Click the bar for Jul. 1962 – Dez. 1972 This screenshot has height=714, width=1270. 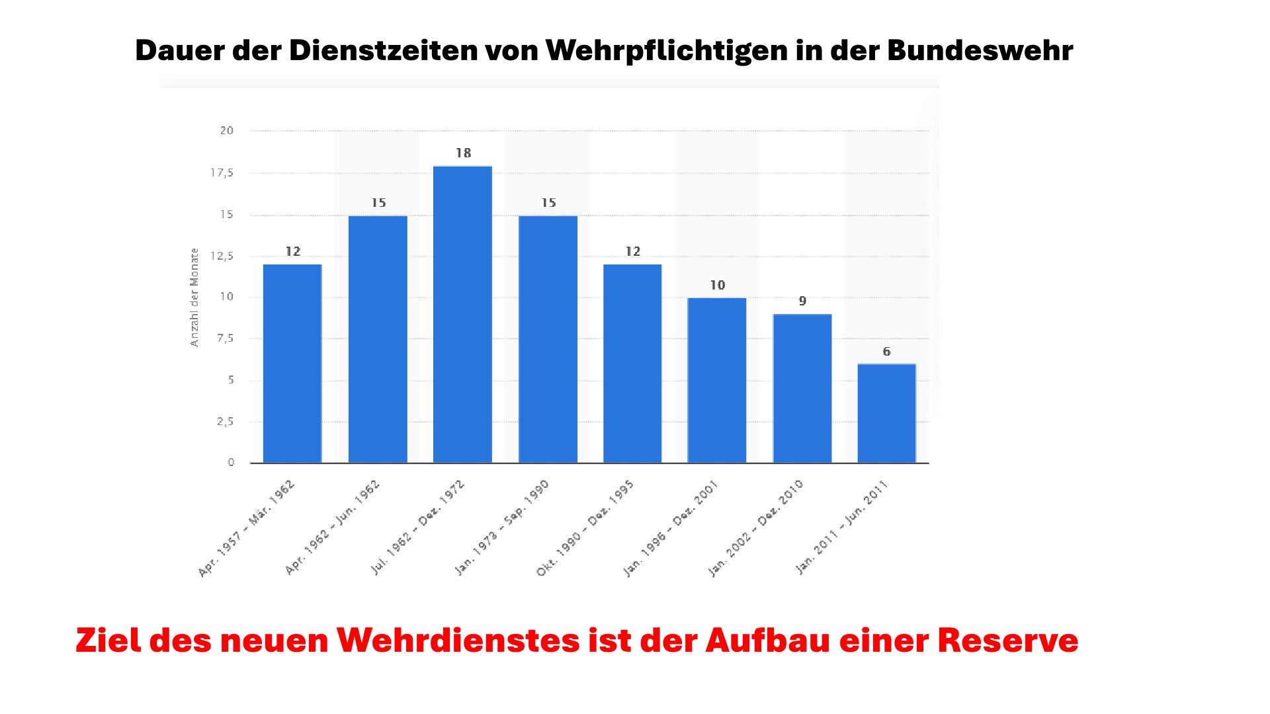tap(462, 314)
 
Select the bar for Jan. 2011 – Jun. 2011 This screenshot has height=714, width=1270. tap(886, 413)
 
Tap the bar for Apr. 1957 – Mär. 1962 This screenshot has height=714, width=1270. tap(292, 364)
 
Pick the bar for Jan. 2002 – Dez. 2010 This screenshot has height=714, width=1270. tap(802, 388)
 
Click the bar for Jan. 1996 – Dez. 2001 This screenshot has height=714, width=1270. tap(717, 380)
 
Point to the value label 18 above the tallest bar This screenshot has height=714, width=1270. tap(463, 153)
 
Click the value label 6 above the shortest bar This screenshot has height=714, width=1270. tap(886, 352)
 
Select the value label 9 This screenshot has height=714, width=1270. tap(802, 301)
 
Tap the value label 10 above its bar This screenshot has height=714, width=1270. tap(718, 286)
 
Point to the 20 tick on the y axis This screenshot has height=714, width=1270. tap(227, 131)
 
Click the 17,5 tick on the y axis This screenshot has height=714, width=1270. tap(222, 173)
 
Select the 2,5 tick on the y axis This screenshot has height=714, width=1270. tap(226, 422)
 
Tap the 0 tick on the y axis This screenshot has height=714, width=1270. tap(231, 463)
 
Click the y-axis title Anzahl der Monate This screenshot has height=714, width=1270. tap(194, 297)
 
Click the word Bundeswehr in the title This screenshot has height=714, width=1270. tap(980, 51)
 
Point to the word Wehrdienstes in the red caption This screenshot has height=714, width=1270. tap(458, 641)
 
